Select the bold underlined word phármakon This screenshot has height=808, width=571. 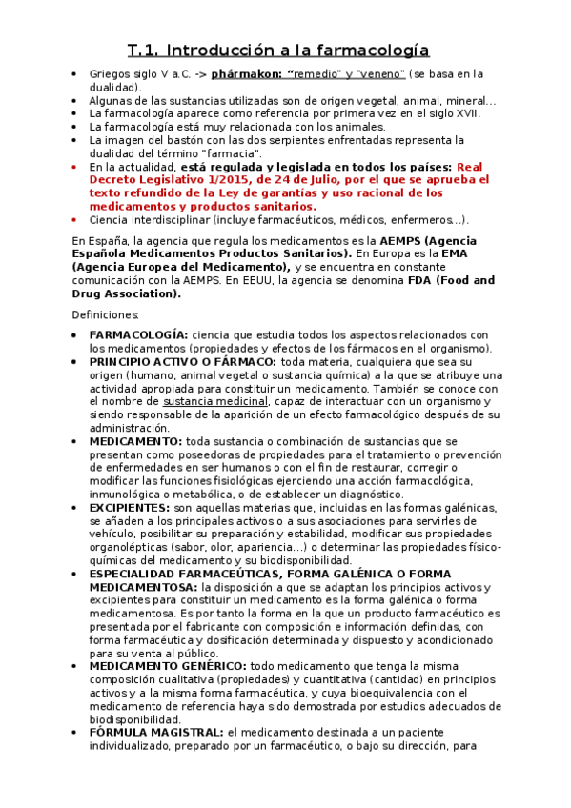tap(243, 73)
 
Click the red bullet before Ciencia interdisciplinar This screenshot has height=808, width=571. tap(76, 220)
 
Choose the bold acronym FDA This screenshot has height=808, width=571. tap(411, 281)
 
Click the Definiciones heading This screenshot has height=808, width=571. tap(106, 314)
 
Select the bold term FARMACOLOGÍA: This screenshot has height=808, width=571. tap(137, 335)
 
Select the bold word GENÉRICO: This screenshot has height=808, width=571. tap(214, 667)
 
